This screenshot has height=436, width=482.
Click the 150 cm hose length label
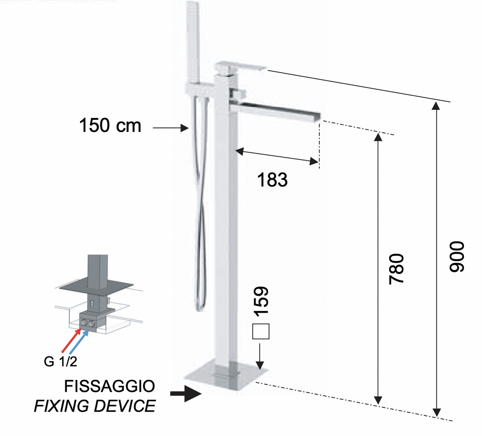click(x=110, y=125)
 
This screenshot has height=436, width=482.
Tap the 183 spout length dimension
click(x=272, y=180)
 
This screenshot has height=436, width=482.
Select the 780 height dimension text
click(x=396, y=269)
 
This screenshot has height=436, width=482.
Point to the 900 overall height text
click(x=456, y=256)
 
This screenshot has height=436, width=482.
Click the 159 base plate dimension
click(x=261, y=302)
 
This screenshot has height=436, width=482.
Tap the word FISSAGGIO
click(x=109, y=386)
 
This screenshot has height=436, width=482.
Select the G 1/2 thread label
click(x=60, y=362)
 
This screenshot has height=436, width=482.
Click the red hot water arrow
click(x=71, y=341)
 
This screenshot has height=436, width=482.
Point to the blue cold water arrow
click(x=79, y=342)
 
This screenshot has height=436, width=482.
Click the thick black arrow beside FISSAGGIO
click(x=186, y=393)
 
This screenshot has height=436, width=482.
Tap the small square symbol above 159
click(x=261, y=332)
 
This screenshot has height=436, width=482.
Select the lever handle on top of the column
click(x=242, y=68)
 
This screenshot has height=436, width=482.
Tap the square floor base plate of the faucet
click(x=226, y=375)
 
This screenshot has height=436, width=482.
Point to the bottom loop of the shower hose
click(x=200, y=307)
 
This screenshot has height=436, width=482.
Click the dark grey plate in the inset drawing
click(x=96, y=286)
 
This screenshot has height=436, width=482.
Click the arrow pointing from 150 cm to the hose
click(x=171, y=128)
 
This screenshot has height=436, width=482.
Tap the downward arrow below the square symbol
click(x=260, y=356)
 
